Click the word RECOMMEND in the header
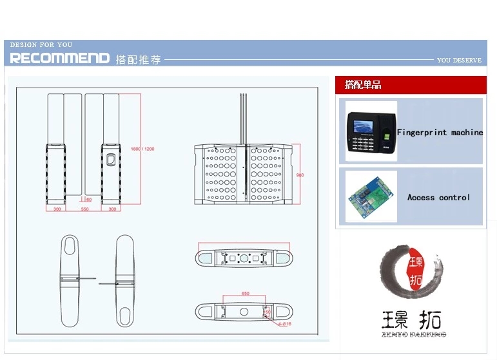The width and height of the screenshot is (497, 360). click(x=59, y=59)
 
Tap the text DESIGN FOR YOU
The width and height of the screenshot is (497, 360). click(x=41, y=45)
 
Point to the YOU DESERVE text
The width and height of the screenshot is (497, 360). click(x=458, y=60)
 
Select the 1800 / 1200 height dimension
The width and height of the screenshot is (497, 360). click(x=142, y=149)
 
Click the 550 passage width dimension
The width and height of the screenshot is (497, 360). click(x=84, y=209)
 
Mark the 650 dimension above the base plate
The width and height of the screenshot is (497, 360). click(x=245, y=294)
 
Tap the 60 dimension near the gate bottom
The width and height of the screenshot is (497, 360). click(x=88, y=200)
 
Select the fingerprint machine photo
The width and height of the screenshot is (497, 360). click(x=370, y=131)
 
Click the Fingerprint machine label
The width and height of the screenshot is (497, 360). click(x=440, y=132)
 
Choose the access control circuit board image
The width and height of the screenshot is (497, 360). click(x=370, y=196)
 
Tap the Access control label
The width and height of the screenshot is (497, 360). click(x=438, y=198)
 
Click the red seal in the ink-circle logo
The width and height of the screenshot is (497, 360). click(x=416, y=271)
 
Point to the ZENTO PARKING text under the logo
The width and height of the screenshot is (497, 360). click(x=413, y=335)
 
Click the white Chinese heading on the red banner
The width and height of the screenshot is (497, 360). click(x=363, y=85)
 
